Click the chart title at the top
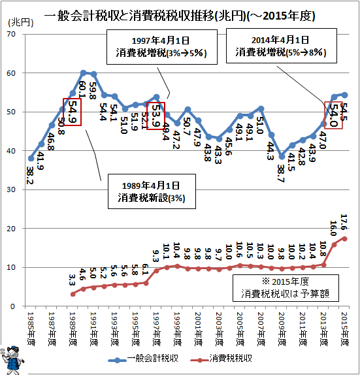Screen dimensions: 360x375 [180, 16]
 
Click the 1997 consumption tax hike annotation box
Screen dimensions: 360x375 [162, 47]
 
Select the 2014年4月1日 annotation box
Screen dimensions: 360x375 [282, 46]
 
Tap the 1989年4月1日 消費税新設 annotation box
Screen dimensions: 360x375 [152, 191]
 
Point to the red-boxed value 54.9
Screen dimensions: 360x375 [72, 112]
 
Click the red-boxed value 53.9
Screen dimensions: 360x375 [155, 116]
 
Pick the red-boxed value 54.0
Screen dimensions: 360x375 [333, 115]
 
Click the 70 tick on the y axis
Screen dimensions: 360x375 [11, 34]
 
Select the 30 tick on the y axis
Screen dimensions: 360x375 [11, 189]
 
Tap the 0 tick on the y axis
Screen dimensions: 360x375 [13, 306]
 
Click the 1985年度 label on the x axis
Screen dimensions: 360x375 [31, 329]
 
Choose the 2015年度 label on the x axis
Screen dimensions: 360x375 [345, 329]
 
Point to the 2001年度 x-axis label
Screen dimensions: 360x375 [199, 329]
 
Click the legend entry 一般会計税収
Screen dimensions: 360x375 [143, 359]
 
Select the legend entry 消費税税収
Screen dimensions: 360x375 [221, 359]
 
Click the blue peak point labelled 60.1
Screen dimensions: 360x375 [83, 73]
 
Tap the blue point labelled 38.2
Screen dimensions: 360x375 [31, 158]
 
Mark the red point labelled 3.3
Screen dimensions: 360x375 [73, 294]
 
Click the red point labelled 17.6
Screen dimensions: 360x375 [345, 238]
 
